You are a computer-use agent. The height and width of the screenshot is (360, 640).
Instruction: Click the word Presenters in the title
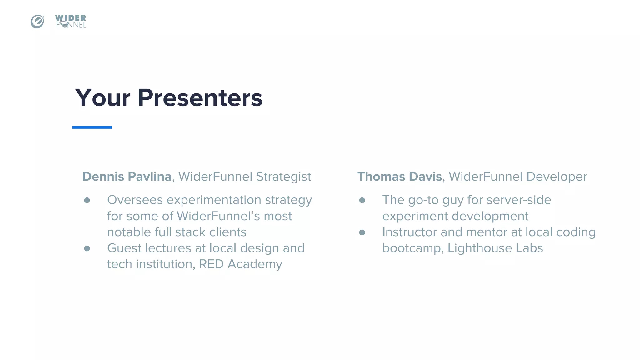(200, 98)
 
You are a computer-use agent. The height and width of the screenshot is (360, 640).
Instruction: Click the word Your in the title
(102, 98)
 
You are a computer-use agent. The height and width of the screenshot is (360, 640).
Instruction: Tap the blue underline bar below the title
(92, 127)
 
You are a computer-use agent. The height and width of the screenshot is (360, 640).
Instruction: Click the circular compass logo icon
(37, 22)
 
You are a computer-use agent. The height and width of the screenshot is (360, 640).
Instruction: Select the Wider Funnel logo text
(71, 22)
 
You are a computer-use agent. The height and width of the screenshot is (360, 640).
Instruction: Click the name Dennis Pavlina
(127, 177)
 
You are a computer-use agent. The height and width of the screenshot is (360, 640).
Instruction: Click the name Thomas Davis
(399, 177)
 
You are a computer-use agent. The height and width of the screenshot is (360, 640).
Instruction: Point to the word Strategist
(283, 177)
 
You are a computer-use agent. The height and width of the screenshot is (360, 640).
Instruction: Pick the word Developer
(557, 177)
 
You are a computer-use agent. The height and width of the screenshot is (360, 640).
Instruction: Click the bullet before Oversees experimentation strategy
(87, 200)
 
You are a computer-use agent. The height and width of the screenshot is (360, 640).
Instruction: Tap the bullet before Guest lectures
(87, 248)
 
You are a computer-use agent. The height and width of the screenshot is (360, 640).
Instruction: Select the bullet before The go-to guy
(362, 200)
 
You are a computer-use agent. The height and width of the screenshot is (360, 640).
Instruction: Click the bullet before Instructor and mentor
(362, 232)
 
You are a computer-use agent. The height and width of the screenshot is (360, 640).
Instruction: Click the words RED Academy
(240, 264)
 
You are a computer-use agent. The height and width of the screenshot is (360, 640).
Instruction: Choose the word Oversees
(135, 200)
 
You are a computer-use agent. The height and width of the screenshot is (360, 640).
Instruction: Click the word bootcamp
(411, 248)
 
